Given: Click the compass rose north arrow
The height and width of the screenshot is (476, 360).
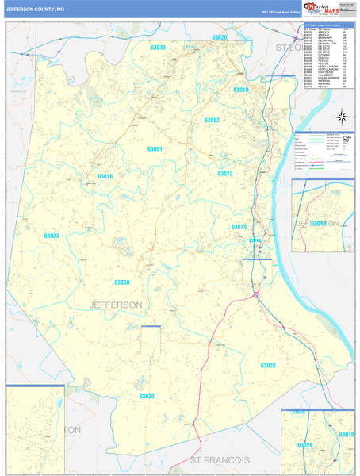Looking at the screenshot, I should click(x=341, y=118).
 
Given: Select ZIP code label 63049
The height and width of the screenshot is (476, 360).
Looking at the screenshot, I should click(x=158, y=48).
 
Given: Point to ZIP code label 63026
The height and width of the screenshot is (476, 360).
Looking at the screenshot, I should click(x=218, y=38).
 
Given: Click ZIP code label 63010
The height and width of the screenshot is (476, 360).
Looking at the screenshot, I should click(x=240, y=90).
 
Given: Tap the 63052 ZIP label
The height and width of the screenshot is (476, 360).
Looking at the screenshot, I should click(x=211, y=121).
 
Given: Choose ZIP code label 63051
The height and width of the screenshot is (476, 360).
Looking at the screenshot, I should click(x=155, y=149).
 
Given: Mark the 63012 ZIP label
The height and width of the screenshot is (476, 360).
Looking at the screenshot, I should click(x=225, y=174).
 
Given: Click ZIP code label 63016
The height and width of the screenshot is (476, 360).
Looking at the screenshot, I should click(x=105, y=176).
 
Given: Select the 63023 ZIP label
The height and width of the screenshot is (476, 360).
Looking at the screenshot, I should click(x=52, y=236).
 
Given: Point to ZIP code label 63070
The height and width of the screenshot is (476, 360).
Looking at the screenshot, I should click(x=239, y=228).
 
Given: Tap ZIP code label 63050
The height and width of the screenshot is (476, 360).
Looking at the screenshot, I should click(x=121, y=282).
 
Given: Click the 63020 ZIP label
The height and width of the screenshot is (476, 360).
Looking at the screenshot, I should click(x=147, y=396).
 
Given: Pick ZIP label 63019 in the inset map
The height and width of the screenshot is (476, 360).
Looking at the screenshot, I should click(x=345, y=435).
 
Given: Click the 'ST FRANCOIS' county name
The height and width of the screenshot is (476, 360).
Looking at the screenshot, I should click(x=220, y=460).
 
